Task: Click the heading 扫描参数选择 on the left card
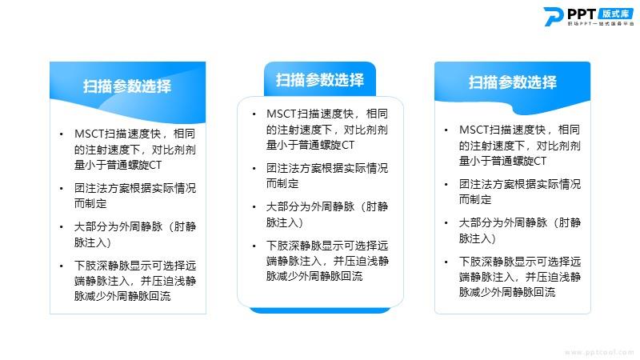tap(127, 86)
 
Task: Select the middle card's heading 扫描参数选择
tap(319, 79)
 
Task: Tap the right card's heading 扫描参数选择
tap(512, 82)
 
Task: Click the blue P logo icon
tap(554, 16)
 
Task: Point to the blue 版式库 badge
tap(615, 14)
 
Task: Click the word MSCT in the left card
tap(90, 134)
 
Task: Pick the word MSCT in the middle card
tap(282, 114)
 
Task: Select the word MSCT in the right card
tap(474, 130)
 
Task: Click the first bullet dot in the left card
tap(62, 134)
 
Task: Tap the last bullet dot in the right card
tap(446, 262)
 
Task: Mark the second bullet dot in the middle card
tap(254, 169)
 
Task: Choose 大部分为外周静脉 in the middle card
tap(310, 206)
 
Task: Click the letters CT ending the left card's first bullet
tap(155, 166)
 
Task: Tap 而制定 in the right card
tap(475, 199)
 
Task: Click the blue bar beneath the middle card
tap(320, 310)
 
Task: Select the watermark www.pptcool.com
tap(599, 352)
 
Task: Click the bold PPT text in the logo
tap(582, 14)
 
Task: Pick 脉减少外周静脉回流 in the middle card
tap(314, 276)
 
